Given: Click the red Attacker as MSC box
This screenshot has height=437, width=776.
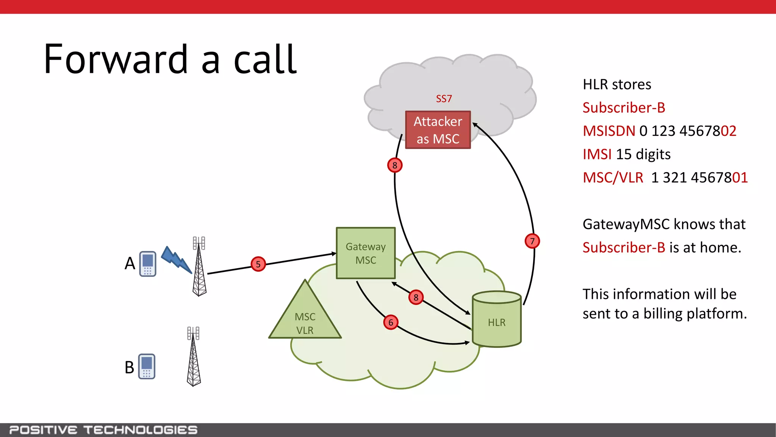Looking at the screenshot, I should pos(438,130).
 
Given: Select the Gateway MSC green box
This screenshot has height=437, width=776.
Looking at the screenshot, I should pos(366,253).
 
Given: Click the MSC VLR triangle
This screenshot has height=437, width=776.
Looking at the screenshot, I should pos(305,319).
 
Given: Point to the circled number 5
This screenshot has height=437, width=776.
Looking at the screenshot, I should pos(258,264).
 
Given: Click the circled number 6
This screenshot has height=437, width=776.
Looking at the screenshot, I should pos(391,322).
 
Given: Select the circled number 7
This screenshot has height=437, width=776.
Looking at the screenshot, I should pos(532,241).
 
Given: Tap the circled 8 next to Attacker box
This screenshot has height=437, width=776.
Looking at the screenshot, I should pos(395,165).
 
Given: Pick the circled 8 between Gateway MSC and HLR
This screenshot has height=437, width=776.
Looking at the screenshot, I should pos(416,297).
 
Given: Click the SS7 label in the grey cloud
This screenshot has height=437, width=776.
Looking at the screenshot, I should pos(444,99).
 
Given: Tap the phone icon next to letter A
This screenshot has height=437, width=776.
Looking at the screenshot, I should pos(148,264).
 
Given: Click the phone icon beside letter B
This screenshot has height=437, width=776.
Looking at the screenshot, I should pos(147,366).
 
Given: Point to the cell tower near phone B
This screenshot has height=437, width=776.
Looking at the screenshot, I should pos(194,357).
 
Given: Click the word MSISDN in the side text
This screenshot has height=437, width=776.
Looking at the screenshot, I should pos(609,131).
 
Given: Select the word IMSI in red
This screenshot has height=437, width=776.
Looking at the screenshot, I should pos(597,154).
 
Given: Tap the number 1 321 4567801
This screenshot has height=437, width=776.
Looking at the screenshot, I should pos(699,178).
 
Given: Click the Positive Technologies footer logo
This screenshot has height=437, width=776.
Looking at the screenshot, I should pos(103,430).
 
